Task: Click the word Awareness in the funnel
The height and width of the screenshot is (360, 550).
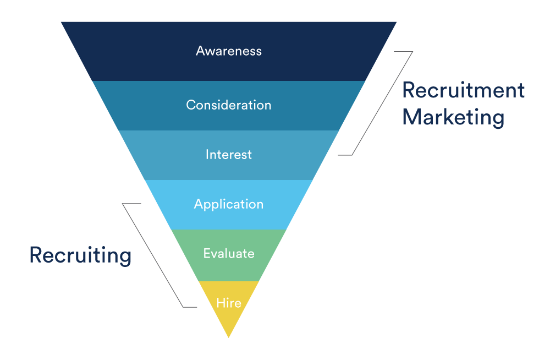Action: [x=229, y=51]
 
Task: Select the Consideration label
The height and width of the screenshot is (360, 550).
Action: [x=229, y=105]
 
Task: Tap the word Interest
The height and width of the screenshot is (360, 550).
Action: [x=229, y=155]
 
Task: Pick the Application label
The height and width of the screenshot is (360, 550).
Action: [x=229, y=204]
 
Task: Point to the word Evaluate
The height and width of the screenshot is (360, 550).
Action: [x=229, y=254]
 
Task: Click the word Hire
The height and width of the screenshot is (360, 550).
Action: [x=229, y=303]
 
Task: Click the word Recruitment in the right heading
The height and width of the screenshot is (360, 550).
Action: [x=463, y=90]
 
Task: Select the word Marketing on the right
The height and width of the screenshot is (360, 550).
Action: [x=453, y=117]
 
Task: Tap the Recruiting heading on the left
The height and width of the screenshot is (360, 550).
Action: [x=80, y=255]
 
